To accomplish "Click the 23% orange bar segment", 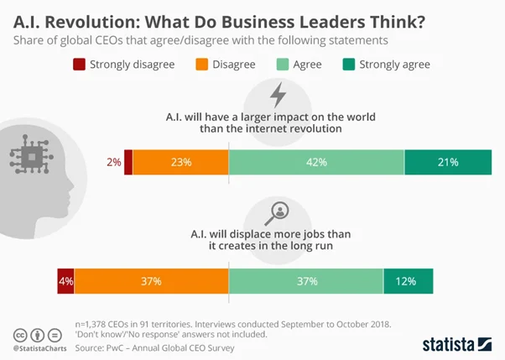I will [x=180, y=163].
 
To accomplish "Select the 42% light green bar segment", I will [x=316, y=163].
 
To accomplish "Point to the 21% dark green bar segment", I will [x=447, y=163].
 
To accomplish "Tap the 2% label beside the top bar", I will [x=113, y=163].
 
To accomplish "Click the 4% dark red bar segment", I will [x=65, y=282].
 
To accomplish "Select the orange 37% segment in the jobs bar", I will [x=151, y=282].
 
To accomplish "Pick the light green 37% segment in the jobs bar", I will [x=306, y=282].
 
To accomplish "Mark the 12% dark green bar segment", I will [x=408, y=282].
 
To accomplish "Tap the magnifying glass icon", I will [x=277, y=211].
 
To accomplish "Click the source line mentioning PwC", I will [x=153, y=347].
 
